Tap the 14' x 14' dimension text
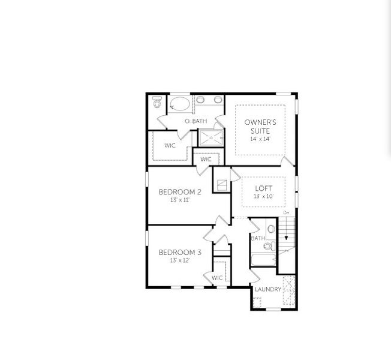click(x=260, y=139)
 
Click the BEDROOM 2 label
click(x=180, y=192)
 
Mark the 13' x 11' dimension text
click(x=180, y=200)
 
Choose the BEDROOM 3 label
click(x=180, y=253)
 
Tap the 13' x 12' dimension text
click(x=180, y=261)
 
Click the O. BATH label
click(x=195, y=121)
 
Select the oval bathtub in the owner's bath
click(x=179, y=106)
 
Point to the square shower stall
click(x=211, y=137)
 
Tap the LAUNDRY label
click(x=267, y=289)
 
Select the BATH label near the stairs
click(x=258, y=238)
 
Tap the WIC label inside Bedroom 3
click(x=217, y=278)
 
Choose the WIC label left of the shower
click(x=170, y=145)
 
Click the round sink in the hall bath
click(x=271, y=229)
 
